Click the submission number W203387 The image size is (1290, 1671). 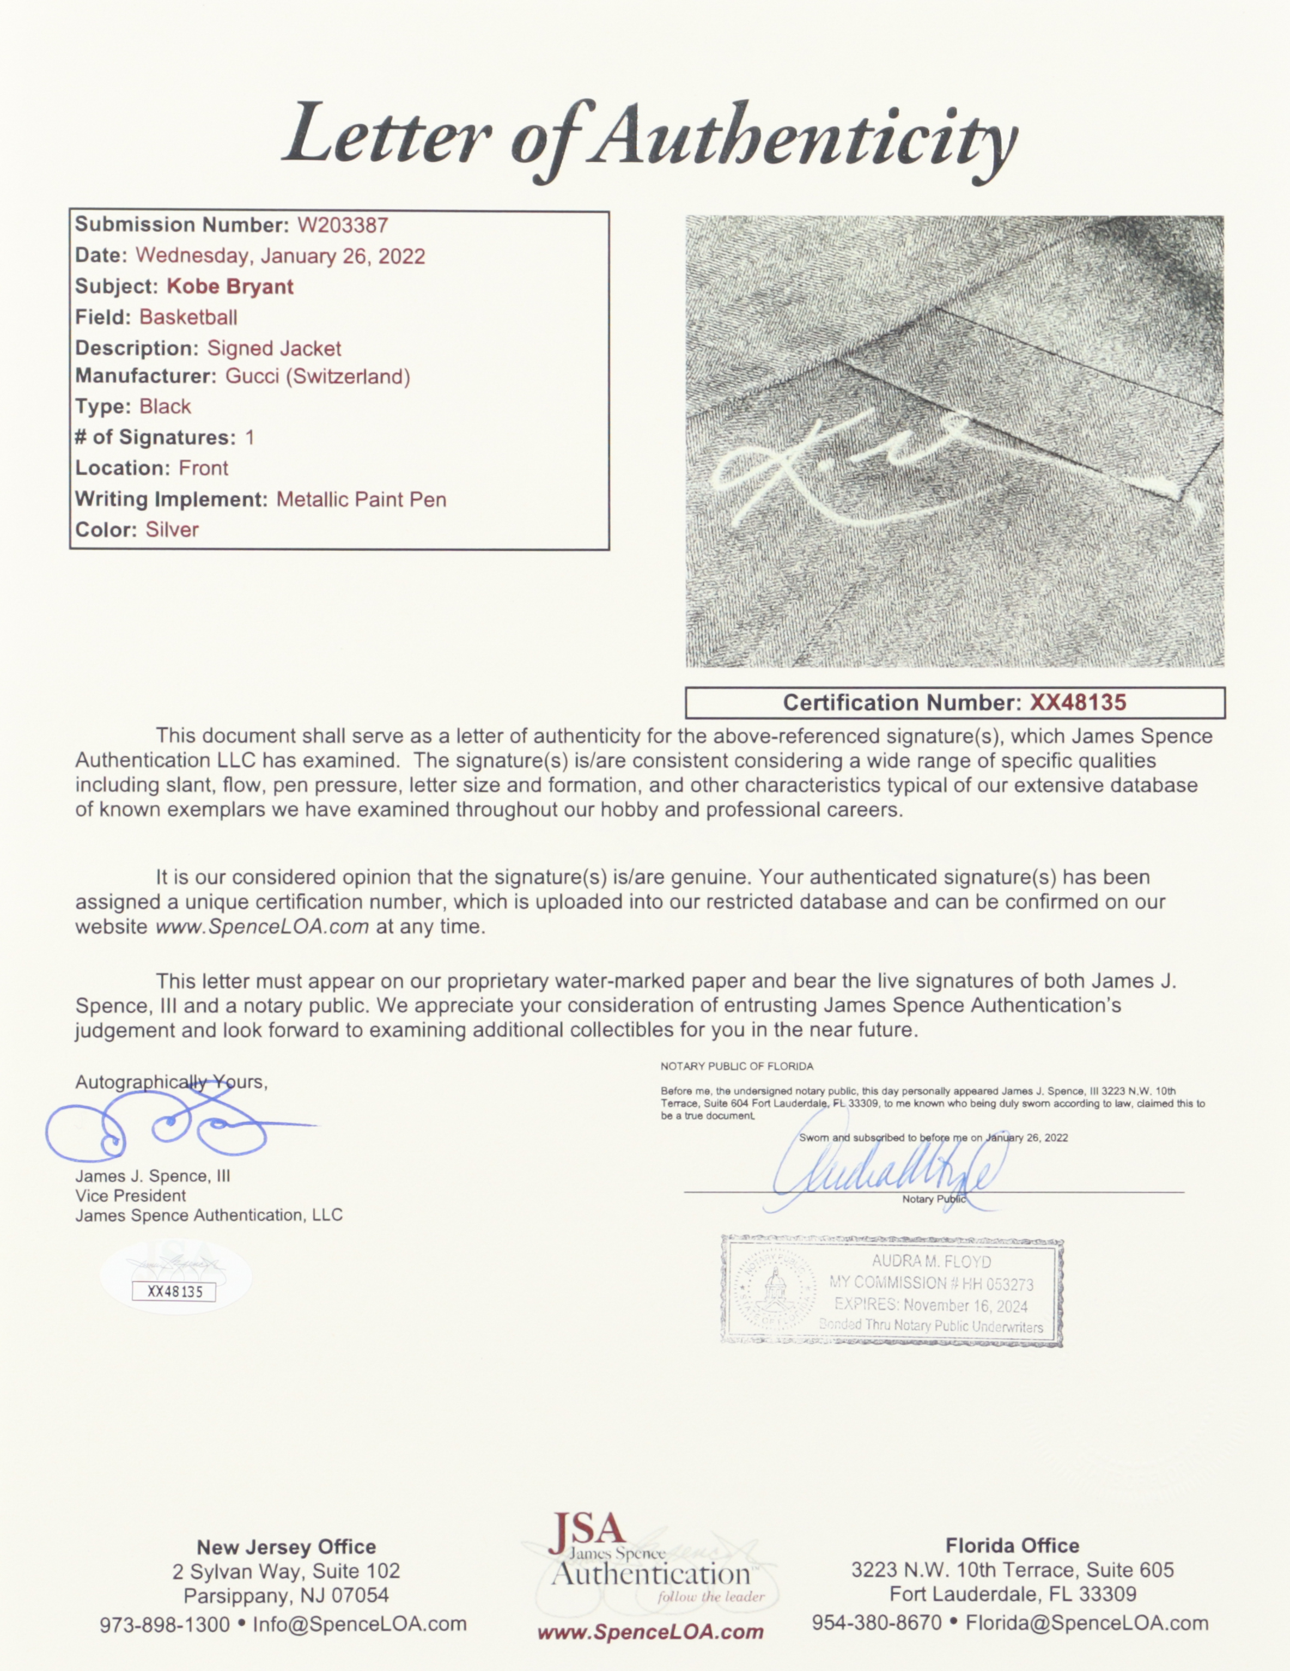342,225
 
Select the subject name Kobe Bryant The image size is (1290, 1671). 229,287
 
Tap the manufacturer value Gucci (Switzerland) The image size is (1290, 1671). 318,376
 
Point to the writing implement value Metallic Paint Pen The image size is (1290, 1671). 361,500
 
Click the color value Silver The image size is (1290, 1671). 172,530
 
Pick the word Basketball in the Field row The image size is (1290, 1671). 188,318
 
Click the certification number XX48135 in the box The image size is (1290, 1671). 1078,702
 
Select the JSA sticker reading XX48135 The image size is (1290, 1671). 174,1291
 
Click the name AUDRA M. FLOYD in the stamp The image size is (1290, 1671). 931,1262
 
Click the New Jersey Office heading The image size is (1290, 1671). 285,1547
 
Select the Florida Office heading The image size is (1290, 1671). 1012,1546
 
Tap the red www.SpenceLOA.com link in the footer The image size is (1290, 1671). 649,1632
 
